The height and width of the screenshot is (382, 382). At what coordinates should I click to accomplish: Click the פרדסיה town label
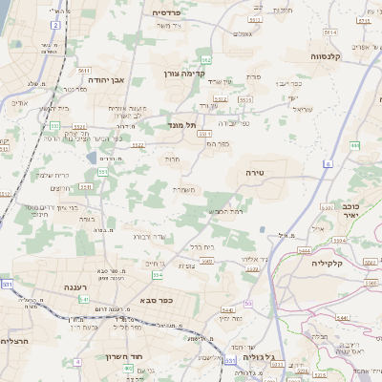(x=173, y=12)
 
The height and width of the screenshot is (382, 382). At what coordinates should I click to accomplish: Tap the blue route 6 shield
(x=328, y=164)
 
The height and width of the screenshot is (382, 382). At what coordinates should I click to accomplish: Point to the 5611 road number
(x=85, y=71)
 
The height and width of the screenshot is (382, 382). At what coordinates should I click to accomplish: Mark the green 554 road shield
(x=158, y=275)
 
